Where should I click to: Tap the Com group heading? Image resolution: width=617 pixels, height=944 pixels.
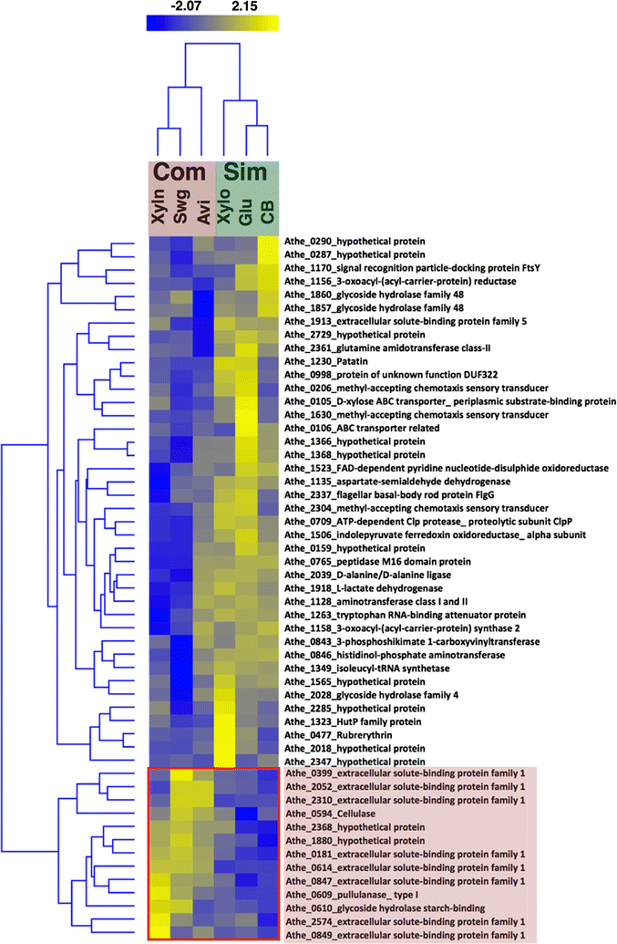(180, 173)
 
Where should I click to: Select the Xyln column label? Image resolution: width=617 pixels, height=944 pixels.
(159, 209)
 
